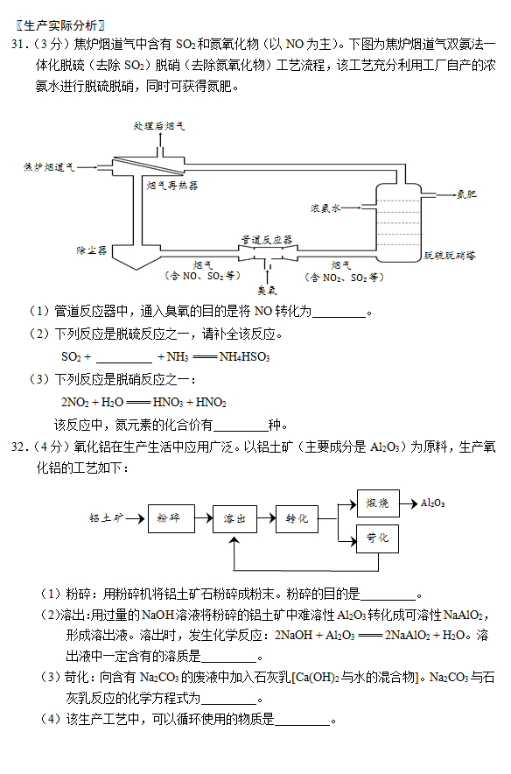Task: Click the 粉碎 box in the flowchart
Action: click(171, 518)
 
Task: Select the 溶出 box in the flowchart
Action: click(234, 519)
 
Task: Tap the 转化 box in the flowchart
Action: click(297, 519)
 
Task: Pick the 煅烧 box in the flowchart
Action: click(378, 503)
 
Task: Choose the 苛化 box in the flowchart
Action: click(377, 538)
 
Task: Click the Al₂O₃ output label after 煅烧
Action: click(432, 503)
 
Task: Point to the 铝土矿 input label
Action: click(106, 518)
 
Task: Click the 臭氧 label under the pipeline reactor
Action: click(267, 291)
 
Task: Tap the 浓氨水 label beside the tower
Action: click(325, 208)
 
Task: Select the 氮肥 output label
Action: click(466, 194)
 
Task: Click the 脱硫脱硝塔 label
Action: click(450, 256)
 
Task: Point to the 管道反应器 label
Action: click(266, 240)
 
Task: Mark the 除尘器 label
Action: click(92, 250)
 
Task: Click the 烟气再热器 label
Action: click(172, 186)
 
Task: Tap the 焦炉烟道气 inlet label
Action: click(49, 167)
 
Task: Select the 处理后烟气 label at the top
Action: click(159, 126)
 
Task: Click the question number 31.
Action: click(17, 45)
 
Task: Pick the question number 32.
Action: click(17, 447)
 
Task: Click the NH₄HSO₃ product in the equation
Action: click(244, 356)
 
